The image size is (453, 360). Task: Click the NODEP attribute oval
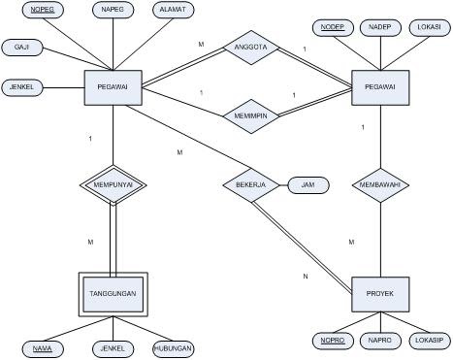point(332,26)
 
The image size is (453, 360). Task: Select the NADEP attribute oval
point(380,26)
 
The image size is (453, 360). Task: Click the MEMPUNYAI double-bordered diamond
point(113,184)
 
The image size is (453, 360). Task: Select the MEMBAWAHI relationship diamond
point(379,184)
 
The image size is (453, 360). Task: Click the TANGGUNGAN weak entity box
point(113,292)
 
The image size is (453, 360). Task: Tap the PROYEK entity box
point(379,292)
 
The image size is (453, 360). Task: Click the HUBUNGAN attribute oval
point(174,348)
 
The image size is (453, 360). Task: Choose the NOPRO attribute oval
point(333,343)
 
